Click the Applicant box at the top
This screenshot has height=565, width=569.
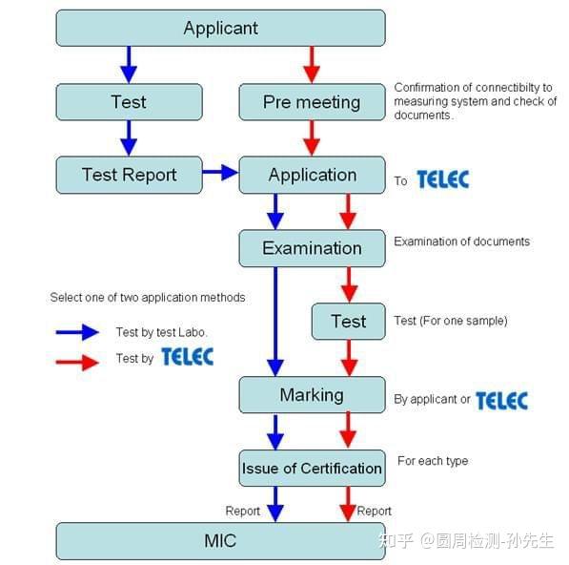(220, 28)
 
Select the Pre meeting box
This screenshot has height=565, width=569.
(312, 102)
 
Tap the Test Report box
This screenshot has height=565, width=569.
(129, 175)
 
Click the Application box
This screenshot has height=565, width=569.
(312, 175)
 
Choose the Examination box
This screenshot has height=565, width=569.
(312, 248)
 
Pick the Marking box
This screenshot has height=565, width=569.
(312, 395)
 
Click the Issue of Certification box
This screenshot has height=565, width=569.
(312, 468)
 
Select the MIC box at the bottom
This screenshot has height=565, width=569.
(220, 540)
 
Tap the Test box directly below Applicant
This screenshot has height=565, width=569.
(129, 102)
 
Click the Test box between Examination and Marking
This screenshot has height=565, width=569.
(348, 322)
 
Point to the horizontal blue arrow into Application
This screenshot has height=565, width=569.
(220, 173)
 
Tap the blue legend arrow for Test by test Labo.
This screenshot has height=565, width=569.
(78, 332)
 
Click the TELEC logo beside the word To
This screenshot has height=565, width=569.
(442, 178)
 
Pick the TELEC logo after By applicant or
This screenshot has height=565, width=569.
(501, 400)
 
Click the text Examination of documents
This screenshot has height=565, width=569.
(461, 241)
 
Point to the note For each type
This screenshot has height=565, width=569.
(433, 462)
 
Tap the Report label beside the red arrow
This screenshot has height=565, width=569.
(374, 512)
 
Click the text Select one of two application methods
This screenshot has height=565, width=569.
(148, 298)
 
